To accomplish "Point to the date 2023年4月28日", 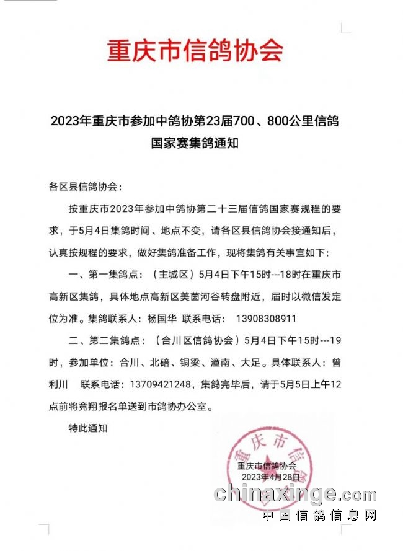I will point(270,477).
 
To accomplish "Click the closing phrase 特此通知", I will point(87,428).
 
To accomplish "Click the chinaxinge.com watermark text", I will point(295,494).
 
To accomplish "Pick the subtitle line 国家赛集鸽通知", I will point(195,143).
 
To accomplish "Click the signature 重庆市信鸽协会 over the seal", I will point(267,465).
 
